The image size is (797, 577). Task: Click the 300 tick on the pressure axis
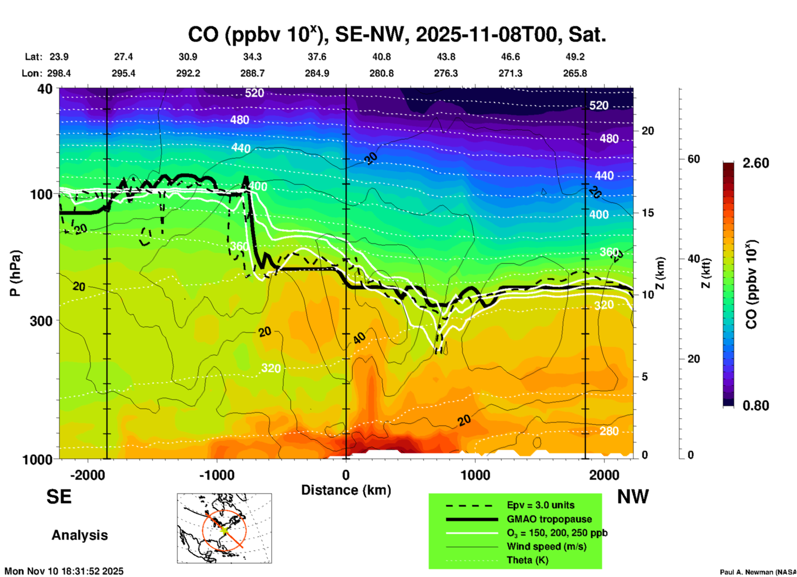click(41, 321)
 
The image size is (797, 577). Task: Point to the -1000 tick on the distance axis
click(216, 475)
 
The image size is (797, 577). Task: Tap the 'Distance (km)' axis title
click(346, 490)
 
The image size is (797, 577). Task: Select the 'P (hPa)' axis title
click(15, 273)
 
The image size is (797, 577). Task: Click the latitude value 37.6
click(317, 57)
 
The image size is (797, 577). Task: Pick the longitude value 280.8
click(381, 74)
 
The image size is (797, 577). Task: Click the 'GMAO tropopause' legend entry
click(549, 519)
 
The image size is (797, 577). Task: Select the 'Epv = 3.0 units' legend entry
click(540, 505)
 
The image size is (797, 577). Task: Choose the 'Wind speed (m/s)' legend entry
click(546, 547)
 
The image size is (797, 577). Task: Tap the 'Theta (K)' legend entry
click(528, 560)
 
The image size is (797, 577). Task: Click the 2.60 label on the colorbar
click(756, 163)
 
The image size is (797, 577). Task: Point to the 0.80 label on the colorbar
click(756, 406)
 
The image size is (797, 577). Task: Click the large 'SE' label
click(59, 497)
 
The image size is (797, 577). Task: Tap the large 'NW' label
click(633, 497)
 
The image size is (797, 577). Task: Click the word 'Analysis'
click(79, 535)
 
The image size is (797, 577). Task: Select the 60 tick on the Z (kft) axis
click(694, 159)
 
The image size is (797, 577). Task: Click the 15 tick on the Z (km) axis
click(648, 213)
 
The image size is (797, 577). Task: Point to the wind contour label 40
click(359, 338)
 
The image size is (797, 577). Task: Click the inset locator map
click(224, 528)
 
